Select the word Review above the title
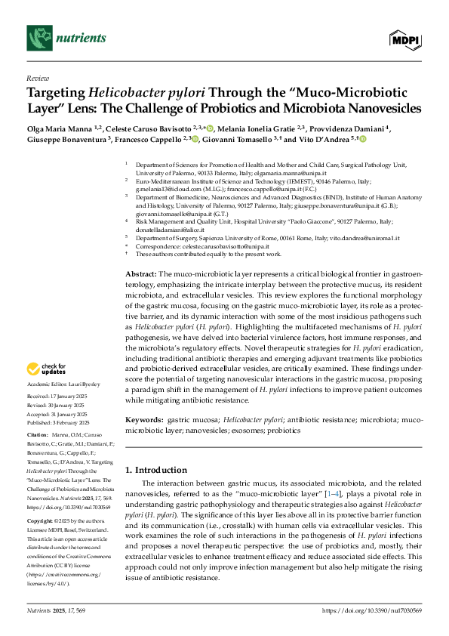pyautogui.click(x=37, y=79)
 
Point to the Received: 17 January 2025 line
pyautogui.click(x=57, y=397)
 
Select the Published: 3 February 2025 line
pyautogui.click(x=58, y=422)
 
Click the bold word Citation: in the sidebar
pyautogui.click(x=38, y=436)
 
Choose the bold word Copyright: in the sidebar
pyautogui.click(x=41, y=521)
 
